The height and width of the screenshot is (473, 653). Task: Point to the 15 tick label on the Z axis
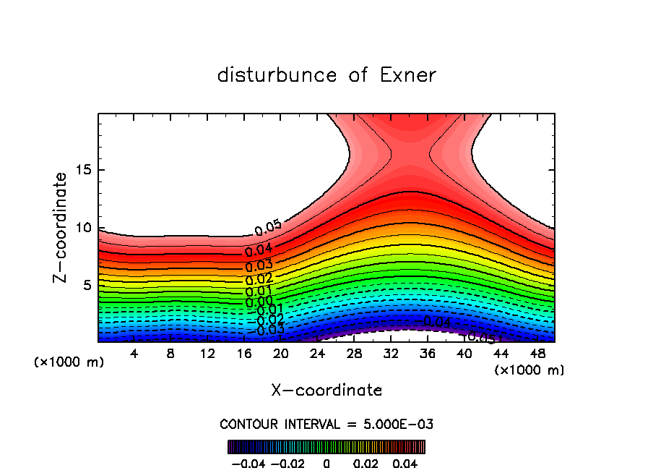[x=85, y=171]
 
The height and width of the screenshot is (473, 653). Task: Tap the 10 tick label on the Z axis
[x=85, y=228]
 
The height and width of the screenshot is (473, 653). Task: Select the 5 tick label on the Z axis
[x=88, y=285]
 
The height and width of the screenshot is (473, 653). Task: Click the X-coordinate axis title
[x=326, y=391]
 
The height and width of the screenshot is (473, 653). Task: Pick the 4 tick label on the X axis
[x=134, y=354]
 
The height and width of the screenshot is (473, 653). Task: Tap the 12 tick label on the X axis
[x=208, y=354]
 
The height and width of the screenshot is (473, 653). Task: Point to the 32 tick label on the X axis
[x=391, y=354]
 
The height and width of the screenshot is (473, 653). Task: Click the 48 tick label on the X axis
[x=537, y=354]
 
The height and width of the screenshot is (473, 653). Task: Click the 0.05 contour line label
[x=268, y=229]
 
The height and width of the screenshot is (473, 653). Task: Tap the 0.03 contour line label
[x=259, y=265]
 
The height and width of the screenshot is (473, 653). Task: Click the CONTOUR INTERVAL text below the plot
[x=326, y=424]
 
